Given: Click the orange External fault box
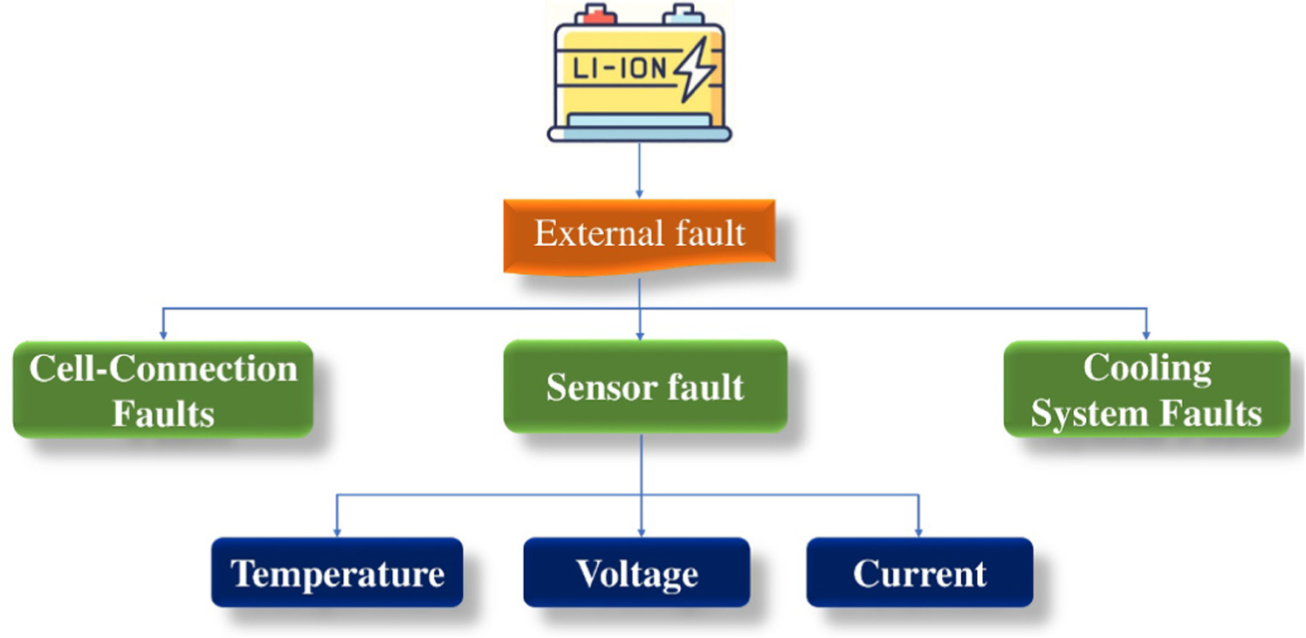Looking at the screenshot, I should (x=639, y=234).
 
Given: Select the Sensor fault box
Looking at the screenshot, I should (x=644, y=387).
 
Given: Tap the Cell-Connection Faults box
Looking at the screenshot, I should (x=163, y=390).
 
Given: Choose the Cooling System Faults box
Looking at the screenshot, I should (x=1145, y=390).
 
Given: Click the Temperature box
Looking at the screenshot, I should (x=337, y=573).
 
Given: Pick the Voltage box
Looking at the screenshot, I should (x=636, y=573).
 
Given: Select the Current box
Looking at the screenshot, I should (x=919, y=573).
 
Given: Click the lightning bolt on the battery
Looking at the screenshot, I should (x=696, y=70).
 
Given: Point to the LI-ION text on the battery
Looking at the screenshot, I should (x=616, y=69).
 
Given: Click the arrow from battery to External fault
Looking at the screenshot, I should (x=639, y=170).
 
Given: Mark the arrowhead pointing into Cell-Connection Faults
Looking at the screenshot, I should (x=163, y=334).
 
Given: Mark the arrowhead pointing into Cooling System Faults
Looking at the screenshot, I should (x=1145, y=334).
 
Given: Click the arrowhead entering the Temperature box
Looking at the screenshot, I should (x=337, y=531).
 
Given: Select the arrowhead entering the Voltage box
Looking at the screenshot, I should (x=642, y=531).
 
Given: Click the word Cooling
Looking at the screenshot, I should (x=1146, y=368).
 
